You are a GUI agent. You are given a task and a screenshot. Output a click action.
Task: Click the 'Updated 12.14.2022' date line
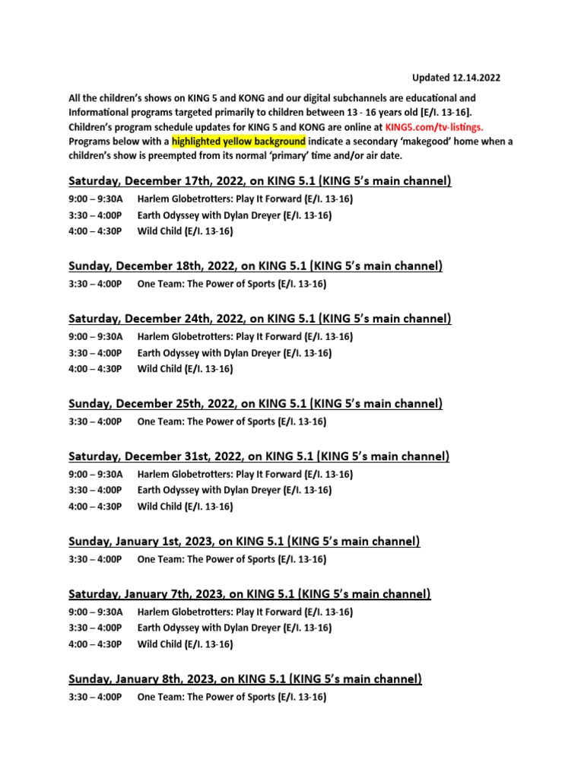(x=456, y=78)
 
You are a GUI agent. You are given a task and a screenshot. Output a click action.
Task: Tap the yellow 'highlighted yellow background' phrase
(x=238, y=141)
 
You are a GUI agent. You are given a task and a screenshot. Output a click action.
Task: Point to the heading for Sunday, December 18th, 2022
(x=255, y=265)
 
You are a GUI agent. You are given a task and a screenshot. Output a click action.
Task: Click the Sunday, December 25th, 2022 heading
(x=255, y=403)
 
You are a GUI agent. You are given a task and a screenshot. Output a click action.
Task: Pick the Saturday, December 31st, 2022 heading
(x=259, y=456)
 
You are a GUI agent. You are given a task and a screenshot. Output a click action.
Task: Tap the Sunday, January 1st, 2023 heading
(x=244, y=542)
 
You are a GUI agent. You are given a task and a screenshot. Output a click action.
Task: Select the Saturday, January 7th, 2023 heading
(x=249, y=593)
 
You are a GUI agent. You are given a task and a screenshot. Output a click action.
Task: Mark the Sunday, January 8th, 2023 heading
(x=245, y=679)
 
